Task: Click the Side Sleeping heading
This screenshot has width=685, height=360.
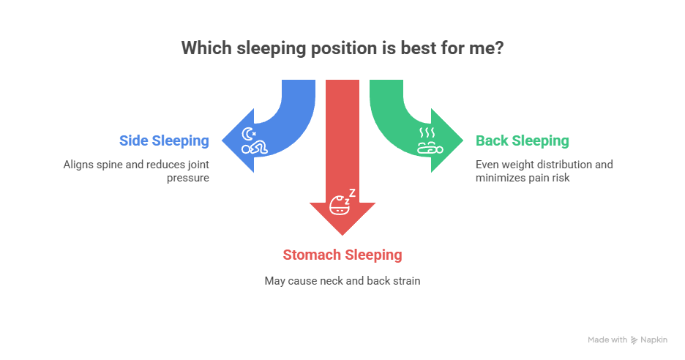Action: point(164,140)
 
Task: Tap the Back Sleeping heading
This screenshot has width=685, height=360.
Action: point(522,140)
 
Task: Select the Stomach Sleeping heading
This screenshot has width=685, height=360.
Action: point(342,255)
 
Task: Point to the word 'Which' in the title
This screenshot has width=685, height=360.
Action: point(204,49)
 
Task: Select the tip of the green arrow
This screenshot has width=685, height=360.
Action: point(463,140)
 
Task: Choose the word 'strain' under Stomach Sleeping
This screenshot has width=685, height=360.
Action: point(406,280)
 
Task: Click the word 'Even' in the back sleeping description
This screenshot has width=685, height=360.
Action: point(487,165)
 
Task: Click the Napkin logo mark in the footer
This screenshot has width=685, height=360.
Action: point(634,340)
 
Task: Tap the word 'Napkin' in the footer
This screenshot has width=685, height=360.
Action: point(654,340)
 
